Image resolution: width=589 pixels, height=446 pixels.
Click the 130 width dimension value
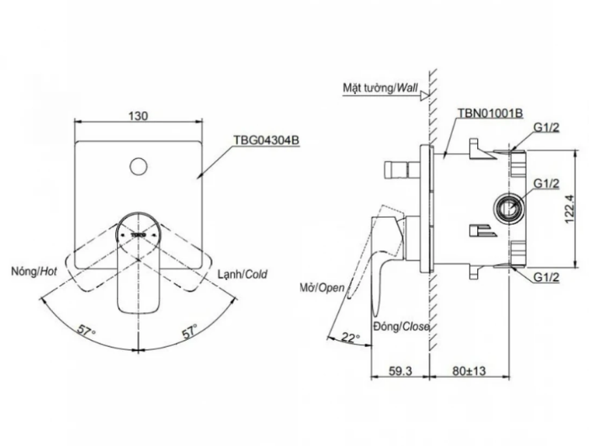click(138, 116)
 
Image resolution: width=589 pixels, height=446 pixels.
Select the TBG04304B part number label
click(267, 141)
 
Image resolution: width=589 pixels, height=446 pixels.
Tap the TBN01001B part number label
click(491, 113)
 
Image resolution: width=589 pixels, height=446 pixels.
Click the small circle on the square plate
click(138, 167)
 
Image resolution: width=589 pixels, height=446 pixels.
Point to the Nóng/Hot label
click(34, 271)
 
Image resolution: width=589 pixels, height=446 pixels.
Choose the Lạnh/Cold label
click(242, 274)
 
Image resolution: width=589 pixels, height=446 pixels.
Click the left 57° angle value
click(87, 331)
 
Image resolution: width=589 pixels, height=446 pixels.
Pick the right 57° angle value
click(190, 331)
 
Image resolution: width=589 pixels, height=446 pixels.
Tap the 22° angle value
click(351, 338)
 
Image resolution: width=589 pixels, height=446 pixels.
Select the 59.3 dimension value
click(400, 371)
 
